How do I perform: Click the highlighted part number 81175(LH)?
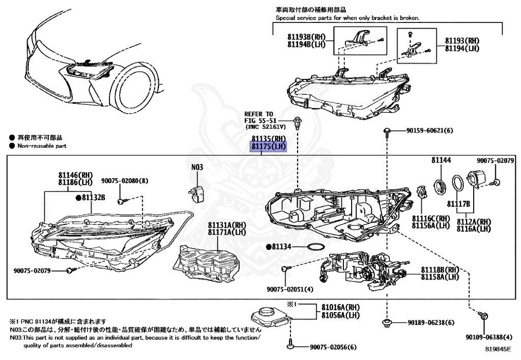(x=269, y=147)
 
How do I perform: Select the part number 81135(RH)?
(x=269, y=139)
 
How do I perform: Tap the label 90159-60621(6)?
(x=429, y=131)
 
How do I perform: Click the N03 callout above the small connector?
(x=197, y=167)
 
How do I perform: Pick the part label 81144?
(x=441, y=160)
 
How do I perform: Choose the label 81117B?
(x=458, y=204)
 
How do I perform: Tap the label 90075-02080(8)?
(x=125, y=181)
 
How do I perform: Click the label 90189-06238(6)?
(x=430, y=323)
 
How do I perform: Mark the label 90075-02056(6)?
(x=333, y=347)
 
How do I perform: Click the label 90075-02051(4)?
(x=290, y=289)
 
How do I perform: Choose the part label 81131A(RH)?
(x=226, y=225)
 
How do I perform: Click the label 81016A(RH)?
(x=340, y=307)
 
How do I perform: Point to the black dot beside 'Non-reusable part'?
(x=11, y=146)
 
